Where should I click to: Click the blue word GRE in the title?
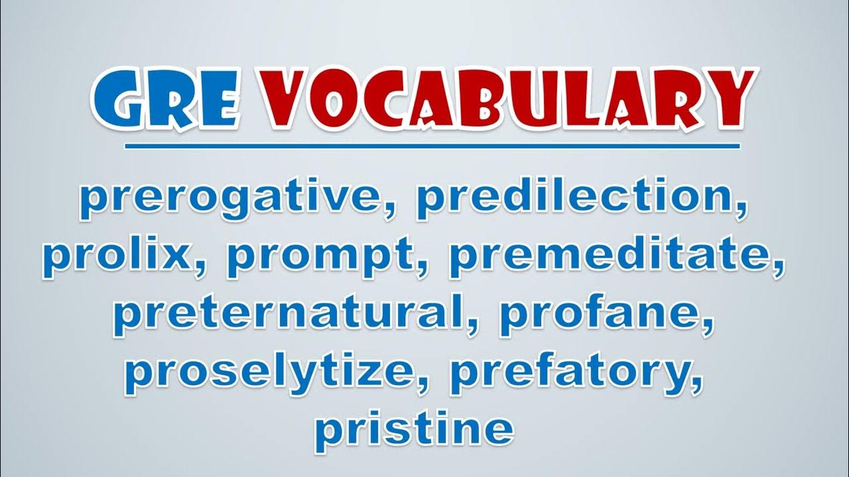(x=166, y=100)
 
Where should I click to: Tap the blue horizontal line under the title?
(x=432, y=146)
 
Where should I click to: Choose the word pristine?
(x=415, y=431)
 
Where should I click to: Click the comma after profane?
(x=706, y=325)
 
